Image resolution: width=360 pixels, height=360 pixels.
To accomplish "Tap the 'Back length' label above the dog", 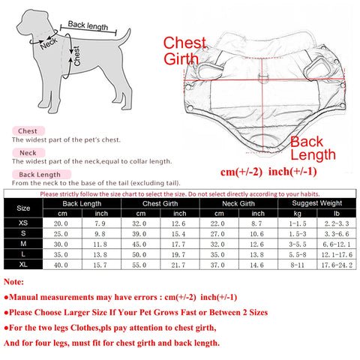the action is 88,25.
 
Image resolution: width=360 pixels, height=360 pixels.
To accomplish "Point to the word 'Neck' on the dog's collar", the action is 49,43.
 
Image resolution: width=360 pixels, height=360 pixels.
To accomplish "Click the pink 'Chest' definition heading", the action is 28,131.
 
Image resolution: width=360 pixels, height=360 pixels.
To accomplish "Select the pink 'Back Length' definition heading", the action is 40,175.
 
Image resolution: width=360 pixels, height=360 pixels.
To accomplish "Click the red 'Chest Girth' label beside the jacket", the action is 184,51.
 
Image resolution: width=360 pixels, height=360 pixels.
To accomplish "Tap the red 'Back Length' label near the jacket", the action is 313,148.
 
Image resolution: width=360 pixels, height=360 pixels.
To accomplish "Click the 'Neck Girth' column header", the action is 238,204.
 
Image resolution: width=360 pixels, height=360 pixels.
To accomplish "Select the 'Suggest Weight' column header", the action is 317,203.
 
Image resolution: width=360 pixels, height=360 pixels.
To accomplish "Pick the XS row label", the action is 23,223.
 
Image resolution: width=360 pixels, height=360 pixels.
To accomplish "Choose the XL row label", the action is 23,265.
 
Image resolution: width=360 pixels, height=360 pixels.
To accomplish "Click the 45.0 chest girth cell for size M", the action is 139,244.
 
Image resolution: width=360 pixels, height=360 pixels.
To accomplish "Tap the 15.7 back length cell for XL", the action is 100,265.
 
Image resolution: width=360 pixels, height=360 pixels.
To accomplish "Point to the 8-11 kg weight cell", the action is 297,265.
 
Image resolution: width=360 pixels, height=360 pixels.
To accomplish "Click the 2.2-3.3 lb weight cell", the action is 337,223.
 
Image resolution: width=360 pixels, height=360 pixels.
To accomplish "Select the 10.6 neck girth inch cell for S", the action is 257,234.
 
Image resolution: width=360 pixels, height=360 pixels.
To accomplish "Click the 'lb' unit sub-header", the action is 337,214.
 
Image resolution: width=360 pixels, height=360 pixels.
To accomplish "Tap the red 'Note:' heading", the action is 13,282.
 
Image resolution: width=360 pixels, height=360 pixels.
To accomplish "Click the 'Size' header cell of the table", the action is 23,208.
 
